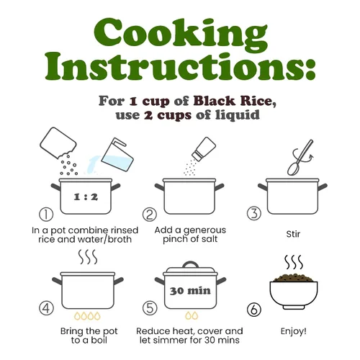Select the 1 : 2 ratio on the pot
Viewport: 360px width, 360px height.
[x=86, y=197]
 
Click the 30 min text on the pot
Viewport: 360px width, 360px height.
[x=190, y=291]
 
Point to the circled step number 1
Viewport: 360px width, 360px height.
[x=46, y=215]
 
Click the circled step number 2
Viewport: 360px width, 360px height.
[x=150, y=215]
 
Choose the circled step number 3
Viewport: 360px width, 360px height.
[x=254, y=213]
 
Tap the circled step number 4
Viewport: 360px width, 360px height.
[x=46, y=308]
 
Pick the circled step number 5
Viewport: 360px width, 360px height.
[x=150, y=308]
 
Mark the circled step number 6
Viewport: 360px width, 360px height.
[x=254, y=310]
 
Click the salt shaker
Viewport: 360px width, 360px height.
[x=204, y=149]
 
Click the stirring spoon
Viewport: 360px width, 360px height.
[x=300, y=157]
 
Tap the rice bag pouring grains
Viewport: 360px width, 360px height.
[x=58, y=143]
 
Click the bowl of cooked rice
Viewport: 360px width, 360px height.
[x=294, y=293]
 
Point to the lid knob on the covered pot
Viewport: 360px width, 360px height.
[x=191, y=265]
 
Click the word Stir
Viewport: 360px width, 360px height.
[x=293, y=234]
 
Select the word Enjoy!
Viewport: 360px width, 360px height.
[x=294, y=332]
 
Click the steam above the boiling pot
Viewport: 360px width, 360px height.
[x=88, y=257]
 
